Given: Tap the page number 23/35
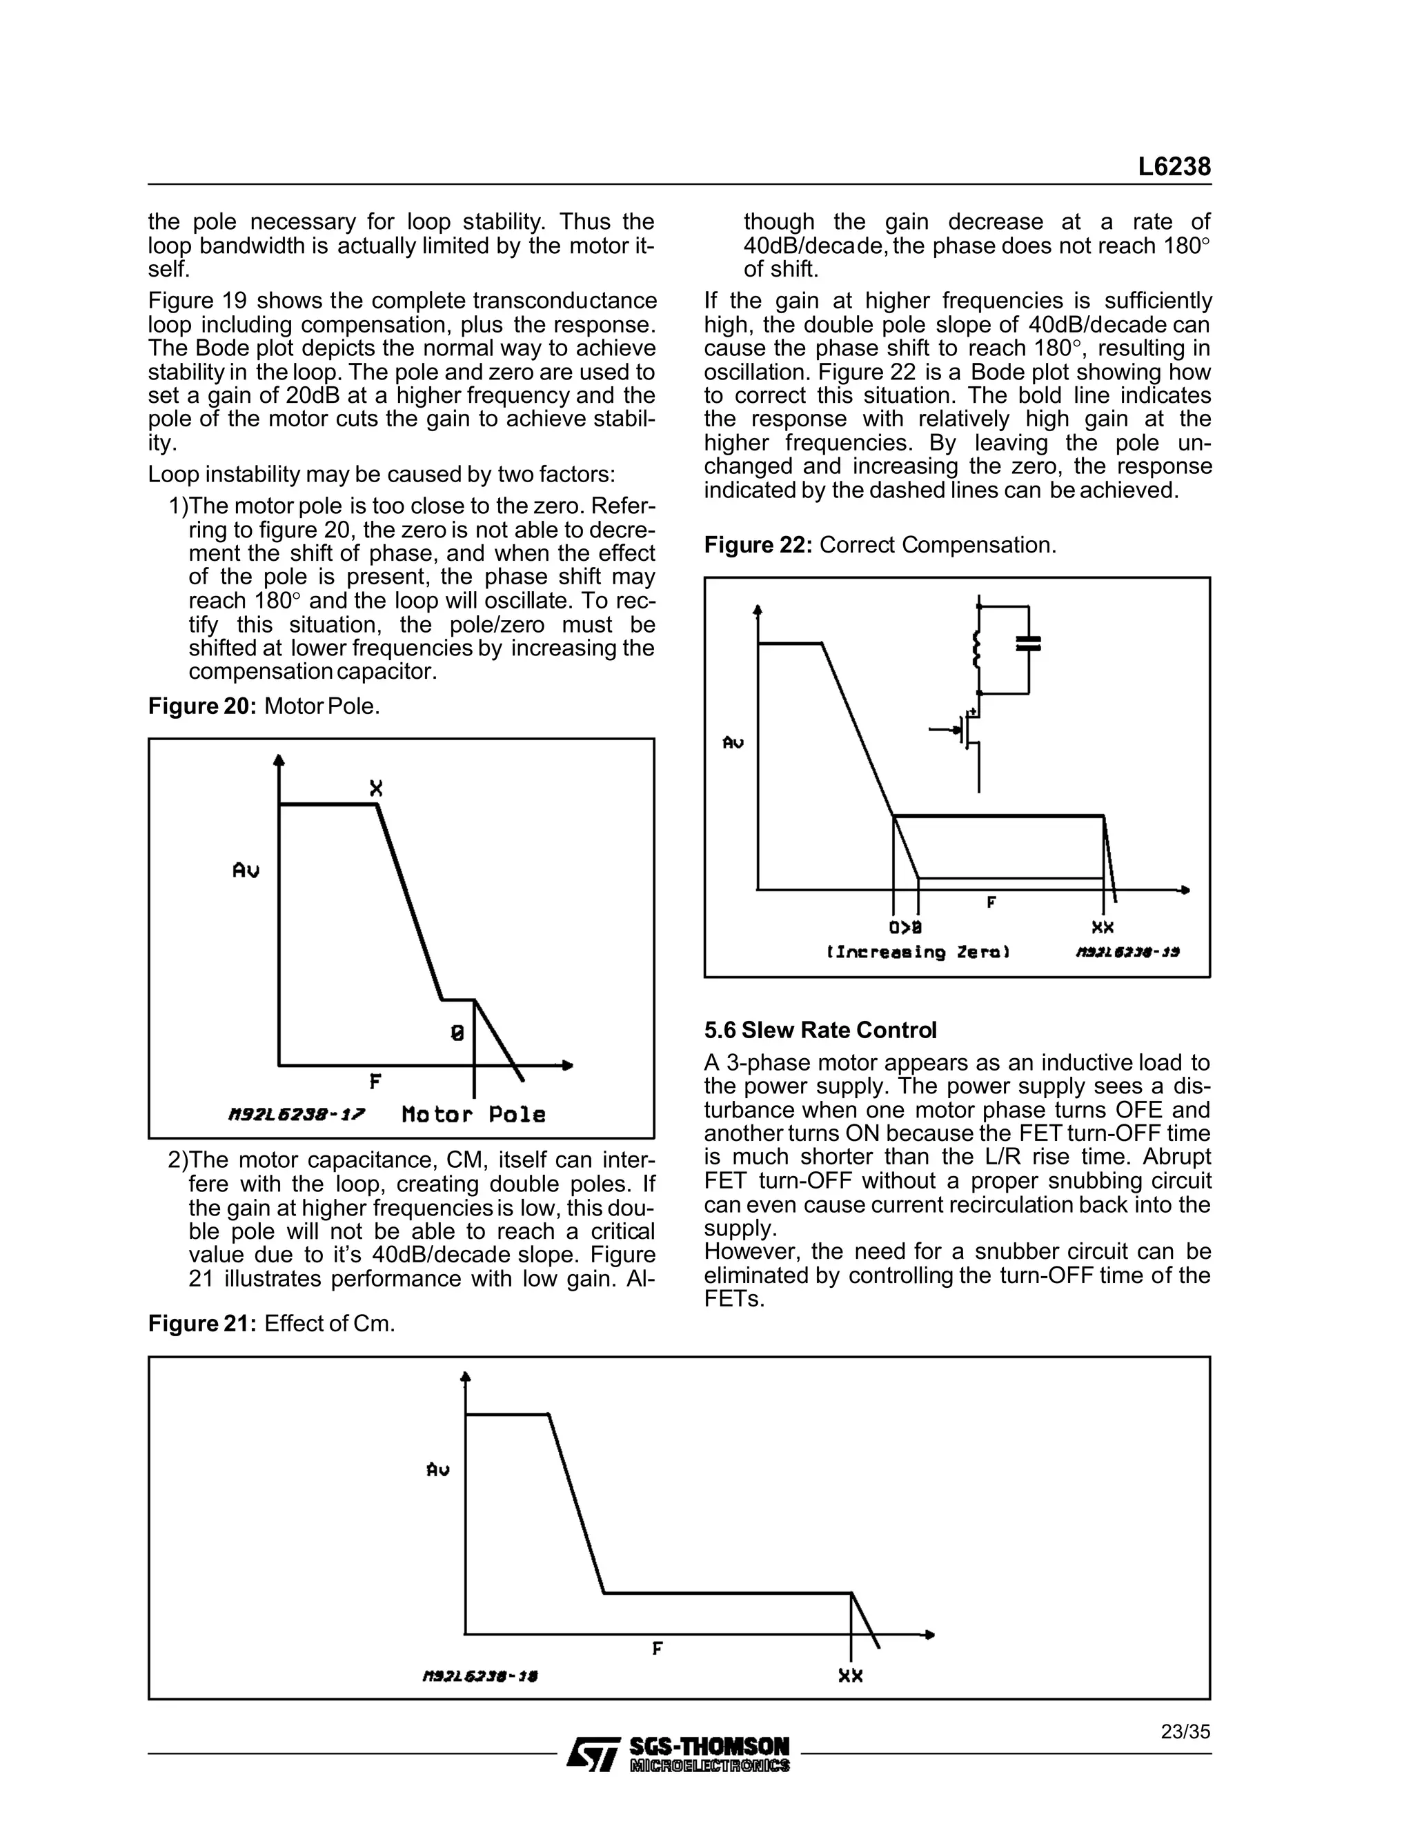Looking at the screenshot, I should click(x=1185, y=1731).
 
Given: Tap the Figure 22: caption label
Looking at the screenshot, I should click(x=758, y=545).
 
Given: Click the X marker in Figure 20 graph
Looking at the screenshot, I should click(x=377, y=788).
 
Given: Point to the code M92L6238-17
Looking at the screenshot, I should click(x=296, y=1115).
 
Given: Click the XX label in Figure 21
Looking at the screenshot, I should click(x=851, y=1676).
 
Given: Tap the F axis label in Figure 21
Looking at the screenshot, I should click(x=657, y=1648).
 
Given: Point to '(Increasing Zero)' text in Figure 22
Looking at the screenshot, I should click(x=918, y=952).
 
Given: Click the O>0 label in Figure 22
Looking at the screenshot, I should click(x=906, y=927).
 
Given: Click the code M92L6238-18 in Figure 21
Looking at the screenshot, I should click(x=480, y=1676).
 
